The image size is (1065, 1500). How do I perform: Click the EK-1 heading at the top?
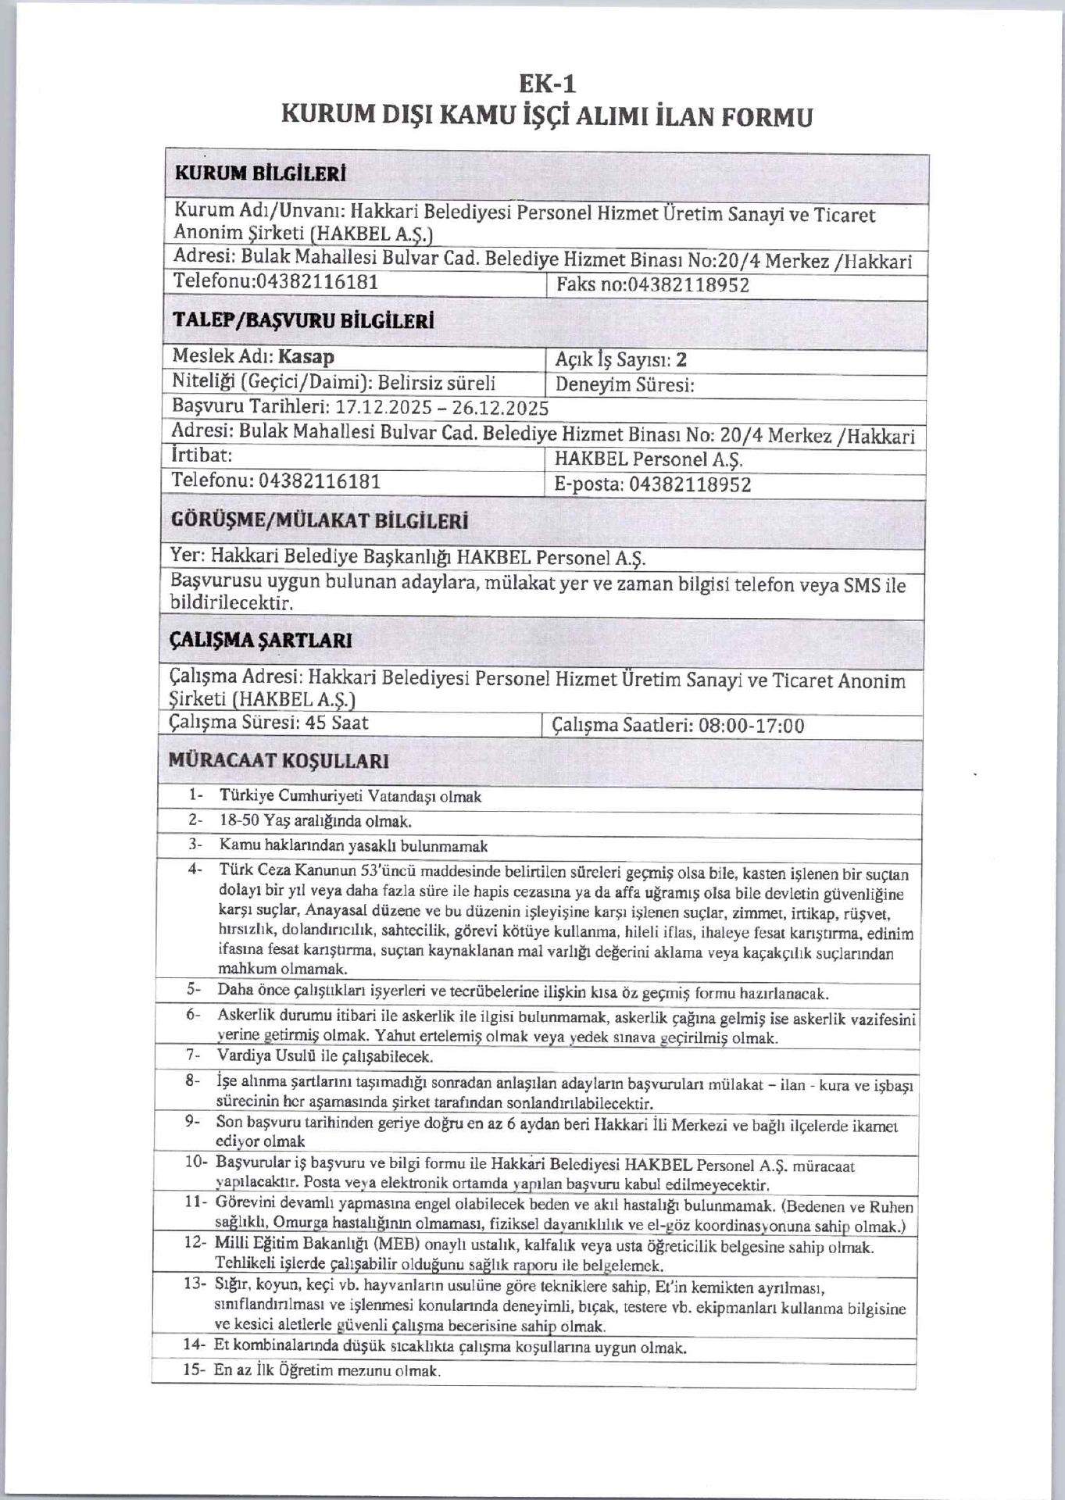tap(547, 83)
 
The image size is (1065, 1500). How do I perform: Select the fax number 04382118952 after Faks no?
tap(688, 286)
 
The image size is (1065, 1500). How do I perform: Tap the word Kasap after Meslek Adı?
tap(306, 357)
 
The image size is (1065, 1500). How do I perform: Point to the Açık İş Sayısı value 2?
tap(681, 359)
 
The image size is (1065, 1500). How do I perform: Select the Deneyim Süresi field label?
tap(624, 385)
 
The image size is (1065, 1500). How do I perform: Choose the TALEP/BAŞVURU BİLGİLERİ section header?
tap(303, 321)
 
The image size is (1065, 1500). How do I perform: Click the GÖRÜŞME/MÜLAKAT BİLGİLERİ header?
tap(319, 521)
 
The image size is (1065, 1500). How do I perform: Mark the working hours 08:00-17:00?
tap(751, 726)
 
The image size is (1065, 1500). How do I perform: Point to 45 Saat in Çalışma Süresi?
tap(338, 723)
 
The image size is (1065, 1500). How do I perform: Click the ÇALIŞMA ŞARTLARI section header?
tap(260, 641)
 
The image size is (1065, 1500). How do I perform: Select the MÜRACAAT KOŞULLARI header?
tap(279, 760)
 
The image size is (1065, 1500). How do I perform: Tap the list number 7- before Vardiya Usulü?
tap(195, 1055)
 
